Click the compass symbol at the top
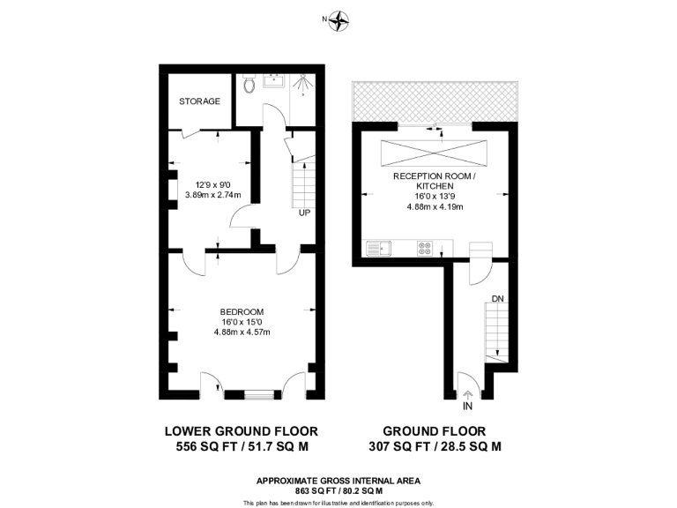coord(338,20)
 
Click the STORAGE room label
coord(199,101)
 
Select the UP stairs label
coord(304,213)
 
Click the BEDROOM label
coord(242,312)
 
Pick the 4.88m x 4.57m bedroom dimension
coord(242,332)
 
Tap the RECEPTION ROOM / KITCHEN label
coord(434,182)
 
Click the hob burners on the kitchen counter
coord(425,248)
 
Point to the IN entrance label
coord(466,407)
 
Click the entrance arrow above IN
coord(466,394)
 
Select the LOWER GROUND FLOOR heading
coord(241,431)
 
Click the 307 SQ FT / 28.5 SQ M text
coord(435,447)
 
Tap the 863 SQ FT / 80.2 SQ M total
coord(338,489)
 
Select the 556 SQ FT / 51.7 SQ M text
coord(241,447)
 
